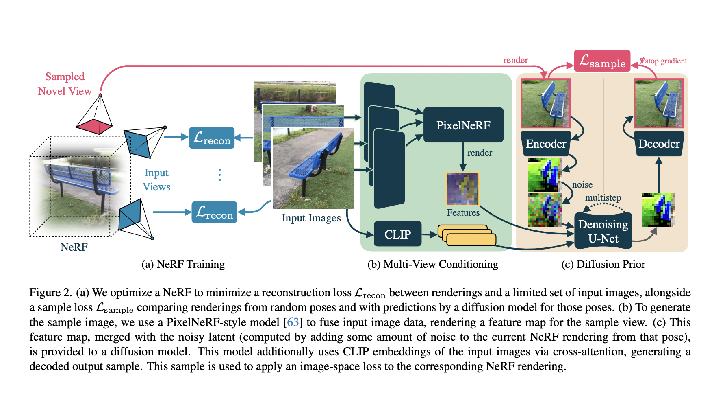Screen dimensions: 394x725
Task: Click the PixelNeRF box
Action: (463, 125)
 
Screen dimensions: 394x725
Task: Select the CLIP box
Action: (397, 234)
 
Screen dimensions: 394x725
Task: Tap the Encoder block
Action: (546, 144)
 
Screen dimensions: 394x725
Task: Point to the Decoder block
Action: (659, 144)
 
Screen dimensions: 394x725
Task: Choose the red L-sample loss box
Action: (602, 61)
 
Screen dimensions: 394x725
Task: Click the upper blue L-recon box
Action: (212, 138)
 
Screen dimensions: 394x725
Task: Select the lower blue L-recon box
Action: (214, 212)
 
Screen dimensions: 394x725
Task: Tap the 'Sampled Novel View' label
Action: (65, 84)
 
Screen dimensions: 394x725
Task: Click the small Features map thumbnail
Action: (463, 189)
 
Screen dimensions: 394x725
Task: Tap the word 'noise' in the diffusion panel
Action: (582, 185)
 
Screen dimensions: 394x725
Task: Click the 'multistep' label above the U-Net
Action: (603, 198)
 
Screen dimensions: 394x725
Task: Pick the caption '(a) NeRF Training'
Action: (183, 264)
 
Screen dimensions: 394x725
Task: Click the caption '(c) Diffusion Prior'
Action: (603, 264)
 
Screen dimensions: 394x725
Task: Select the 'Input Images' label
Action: (311, 218)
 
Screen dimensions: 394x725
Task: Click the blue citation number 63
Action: (293, 322)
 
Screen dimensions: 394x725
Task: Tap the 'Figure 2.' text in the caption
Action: (50, 293)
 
